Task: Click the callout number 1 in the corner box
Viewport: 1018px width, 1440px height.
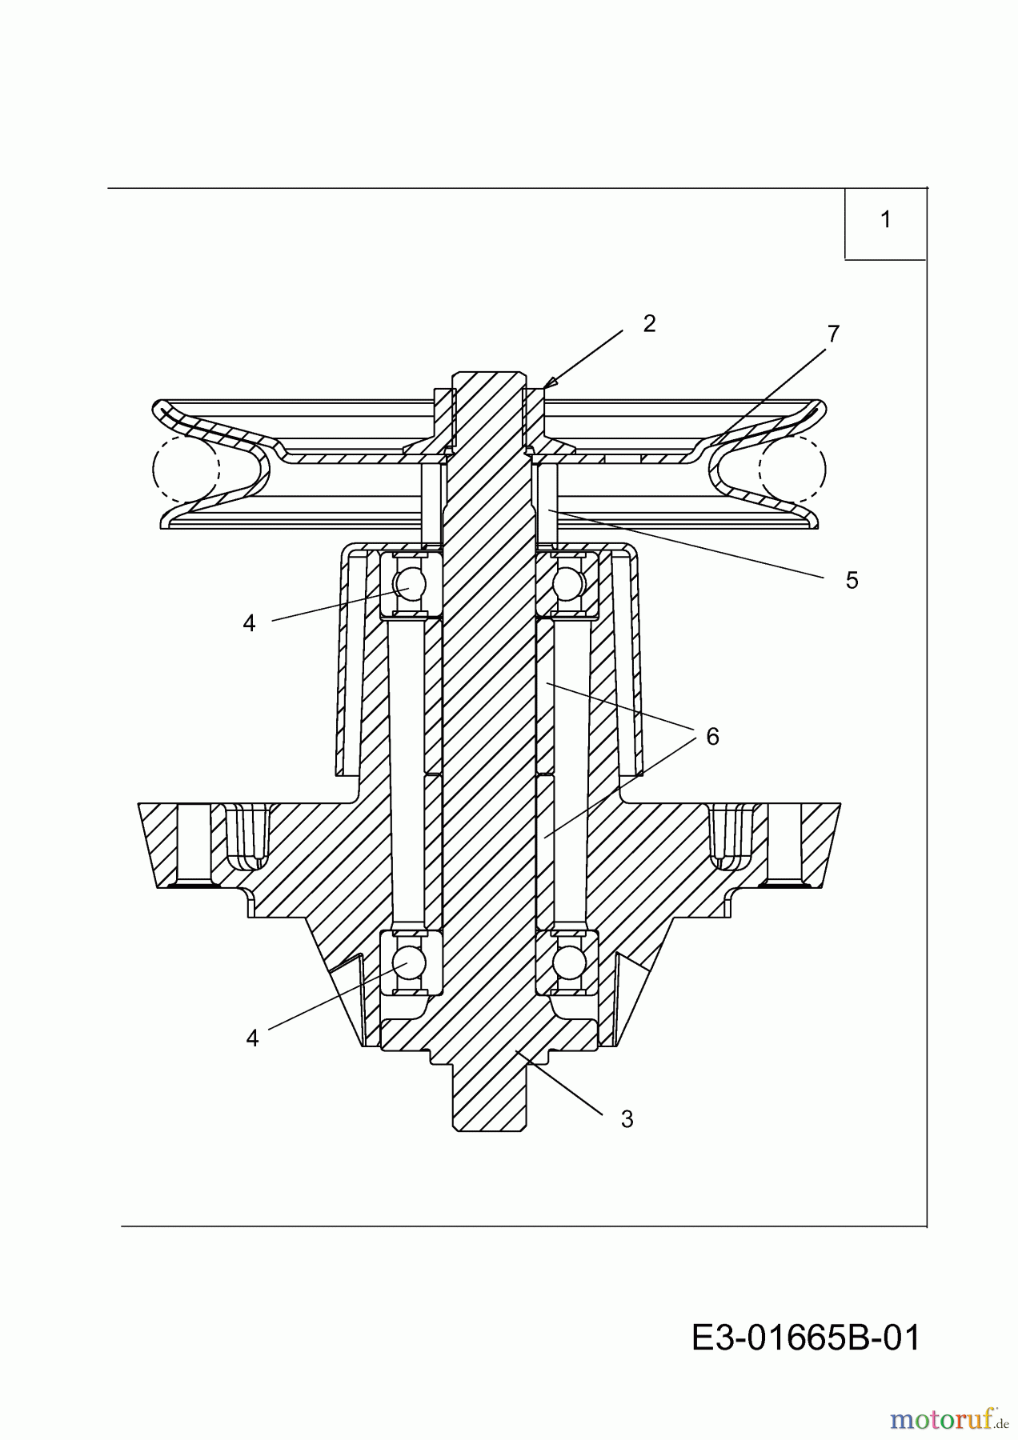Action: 885,219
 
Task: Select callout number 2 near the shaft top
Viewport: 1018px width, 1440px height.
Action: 649,323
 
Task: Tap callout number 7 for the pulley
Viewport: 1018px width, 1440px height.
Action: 833,334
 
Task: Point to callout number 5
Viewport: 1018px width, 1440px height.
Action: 852,581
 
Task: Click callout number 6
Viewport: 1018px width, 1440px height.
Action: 712,736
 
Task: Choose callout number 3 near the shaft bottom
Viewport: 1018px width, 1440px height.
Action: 627,1120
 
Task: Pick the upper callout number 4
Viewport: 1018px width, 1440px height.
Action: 249,623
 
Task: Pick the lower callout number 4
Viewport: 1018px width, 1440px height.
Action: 252,1038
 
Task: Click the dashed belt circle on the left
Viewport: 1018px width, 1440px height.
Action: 185,470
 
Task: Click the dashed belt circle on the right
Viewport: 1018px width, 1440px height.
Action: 792,470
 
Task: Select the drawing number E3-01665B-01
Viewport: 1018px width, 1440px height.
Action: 806,1337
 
